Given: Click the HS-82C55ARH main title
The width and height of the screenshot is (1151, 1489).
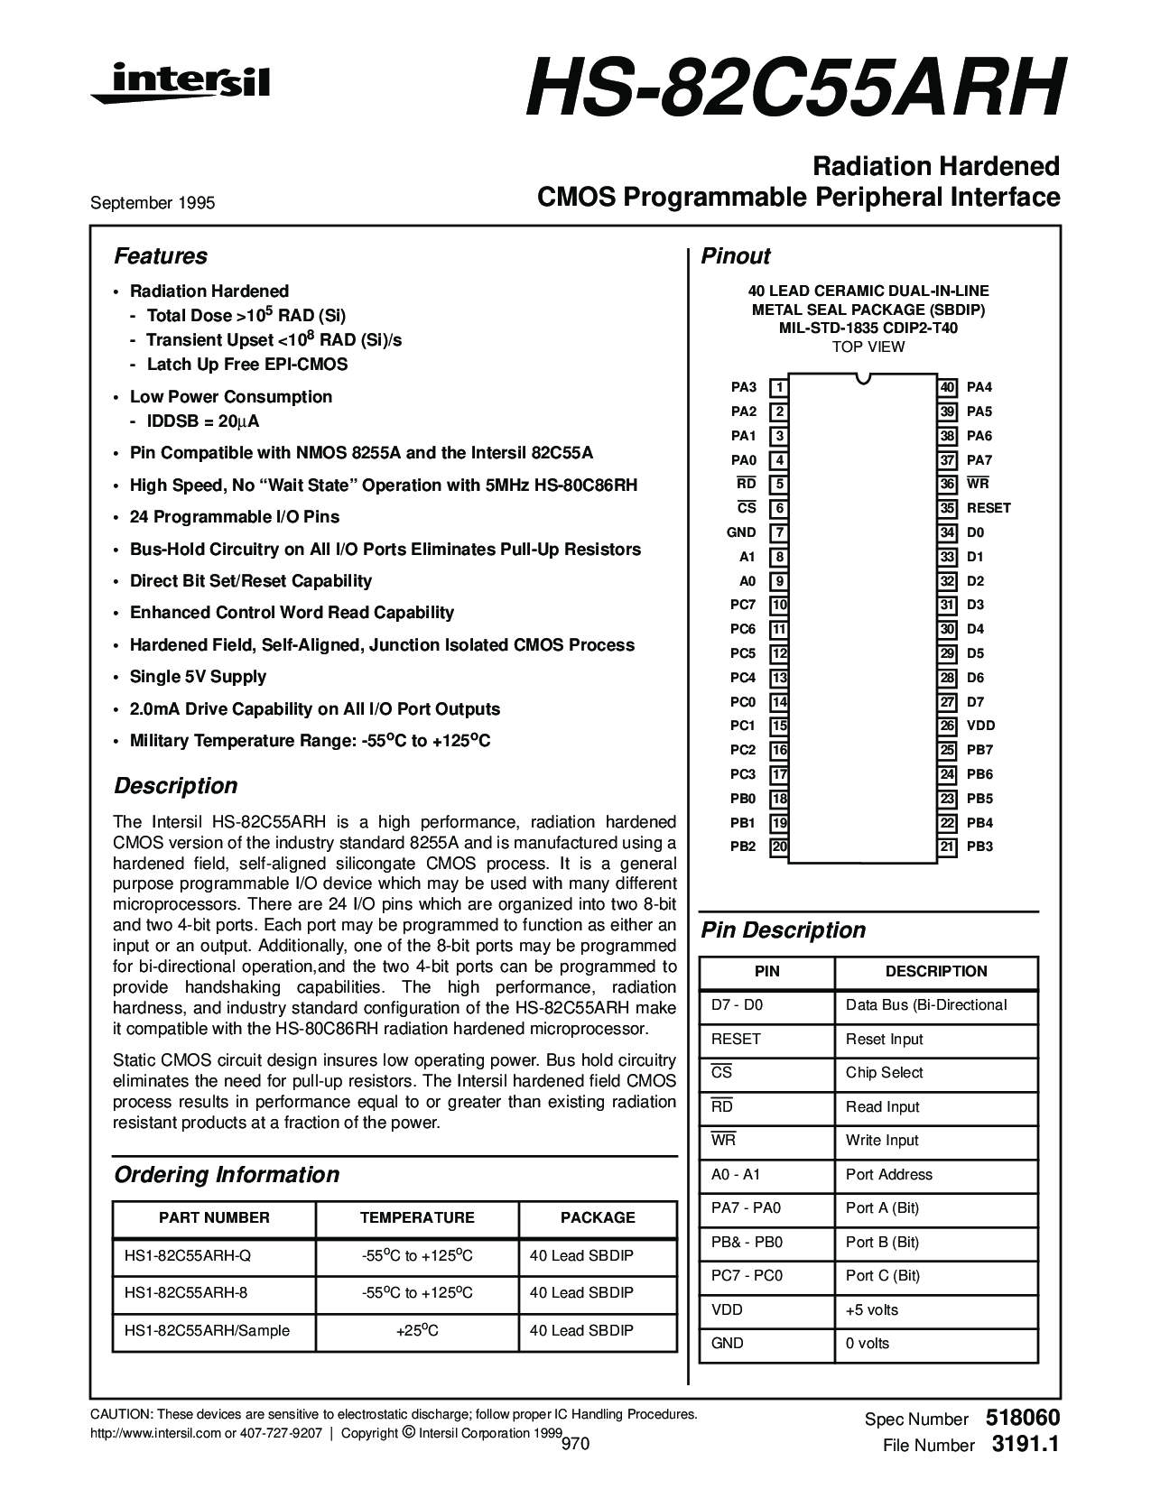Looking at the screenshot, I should click(x=792, y=89).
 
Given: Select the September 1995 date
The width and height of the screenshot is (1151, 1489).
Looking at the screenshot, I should click(x=153, y=203).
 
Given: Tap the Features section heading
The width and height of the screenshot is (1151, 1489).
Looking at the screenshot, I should click(x=160, y=256).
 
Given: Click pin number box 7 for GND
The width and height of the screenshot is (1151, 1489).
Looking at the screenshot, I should click(x=779, y=533).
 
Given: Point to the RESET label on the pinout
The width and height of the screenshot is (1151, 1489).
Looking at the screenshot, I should click(x=989, y=508).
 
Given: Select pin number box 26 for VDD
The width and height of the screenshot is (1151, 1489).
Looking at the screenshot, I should click(x=947, y=726).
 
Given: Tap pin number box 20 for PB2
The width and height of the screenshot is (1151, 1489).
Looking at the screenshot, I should click(x=779, y=847).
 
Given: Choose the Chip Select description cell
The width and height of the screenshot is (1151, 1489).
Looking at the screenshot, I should click(x=884, y=1073).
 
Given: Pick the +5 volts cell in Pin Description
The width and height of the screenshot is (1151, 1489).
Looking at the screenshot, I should click(x=871, y=1310).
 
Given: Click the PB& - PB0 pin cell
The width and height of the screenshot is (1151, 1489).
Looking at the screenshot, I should click(x=747, y=1243).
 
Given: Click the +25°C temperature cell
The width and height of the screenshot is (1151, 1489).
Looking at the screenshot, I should click(x=417, y=1331).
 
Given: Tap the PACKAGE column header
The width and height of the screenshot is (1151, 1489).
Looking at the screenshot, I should click(x=598, y=1217).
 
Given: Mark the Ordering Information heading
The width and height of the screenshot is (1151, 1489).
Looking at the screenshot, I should click(x=227, y=1175).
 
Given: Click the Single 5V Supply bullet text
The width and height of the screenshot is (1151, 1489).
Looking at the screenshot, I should click(x=198, y=677).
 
